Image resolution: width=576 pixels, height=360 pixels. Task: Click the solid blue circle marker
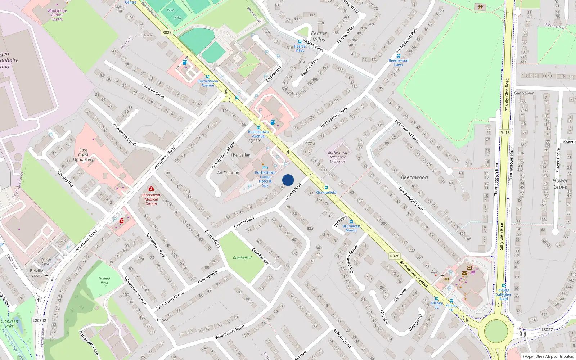click(x=288, y=180)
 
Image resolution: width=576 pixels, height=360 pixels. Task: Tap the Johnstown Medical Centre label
click(x=151, y=199)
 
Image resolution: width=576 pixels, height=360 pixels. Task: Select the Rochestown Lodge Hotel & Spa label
click(x=265, y=179)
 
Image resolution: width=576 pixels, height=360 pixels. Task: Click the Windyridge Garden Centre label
click(x=57, y=15)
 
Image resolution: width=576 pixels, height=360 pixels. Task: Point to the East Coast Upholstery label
click(x=83, y=155)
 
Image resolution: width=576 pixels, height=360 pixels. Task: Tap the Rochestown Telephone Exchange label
click(x=337, y=157)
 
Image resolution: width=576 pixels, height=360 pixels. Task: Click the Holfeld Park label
click(x=104, y=280)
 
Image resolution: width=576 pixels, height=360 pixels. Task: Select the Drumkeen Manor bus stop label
click(x=351, y=228)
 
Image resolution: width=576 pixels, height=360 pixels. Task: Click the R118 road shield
click(x=505, y=133)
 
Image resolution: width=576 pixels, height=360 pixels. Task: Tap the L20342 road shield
click(x=39, y=320)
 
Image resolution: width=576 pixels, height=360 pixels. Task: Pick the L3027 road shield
click(x=546, y=329)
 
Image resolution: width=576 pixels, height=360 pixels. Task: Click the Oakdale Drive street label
click(x=153, y=91)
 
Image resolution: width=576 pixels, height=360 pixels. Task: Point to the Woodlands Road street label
click(x=230, y=332)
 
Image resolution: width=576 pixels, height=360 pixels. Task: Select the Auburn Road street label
click(x=342, y=338)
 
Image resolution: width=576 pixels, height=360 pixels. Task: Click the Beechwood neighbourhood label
click(x=414, y=177)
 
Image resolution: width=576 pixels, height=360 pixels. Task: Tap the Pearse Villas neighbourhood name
click(x=319, y=36)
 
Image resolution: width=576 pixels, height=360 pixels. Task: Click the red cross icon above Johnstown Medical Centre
click(x=151, y=189)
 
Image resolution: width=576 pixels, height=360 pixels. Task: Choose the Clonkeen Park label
click(x=9, y=324)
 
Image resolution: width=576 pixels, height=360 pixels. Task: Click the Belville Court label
click(x=36, y=273)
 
